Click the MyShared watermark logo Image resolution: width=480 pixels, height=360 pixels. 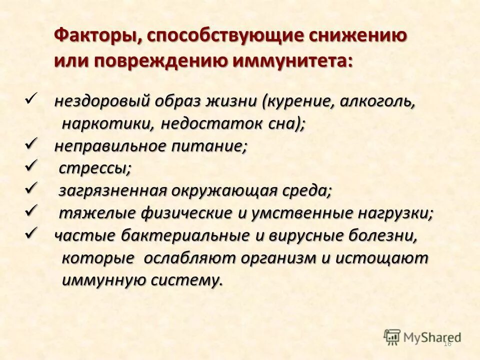click(x=422, y=336)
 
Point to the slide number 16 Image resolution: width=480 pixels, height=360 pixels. click(x=447, y=343)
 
